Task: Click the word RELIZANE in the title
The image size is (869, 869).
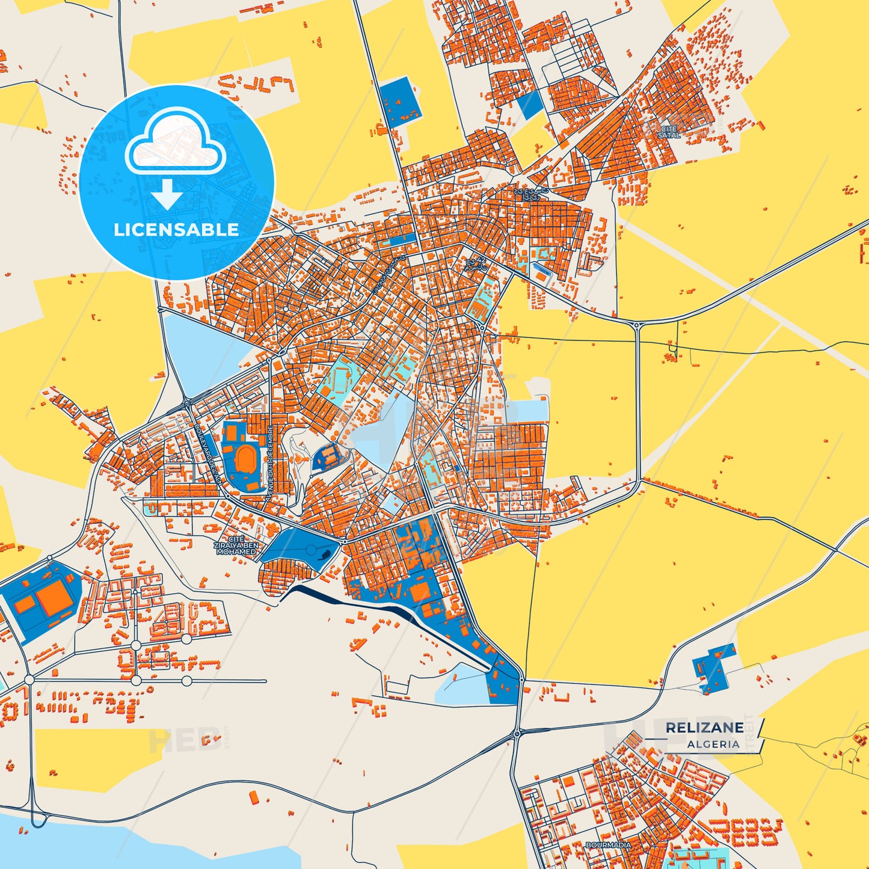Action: click(x=704, y=728)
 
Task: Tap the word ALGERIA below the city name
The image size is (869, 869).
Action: click(x=713, y=744)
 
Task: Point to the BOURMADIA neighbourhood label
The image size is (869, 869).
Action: click(x=609, y=845)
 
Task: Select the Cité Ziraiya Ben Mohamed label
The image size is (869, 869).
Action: click(x=236, y=546)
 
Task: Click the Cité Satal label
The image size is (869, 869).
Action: click(x=669, y=132)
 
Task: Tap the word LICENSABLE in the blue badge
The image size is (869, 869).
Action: click(x=176, y=229)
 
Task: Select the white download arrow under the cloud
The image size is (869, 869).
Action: click(x=168, y=194)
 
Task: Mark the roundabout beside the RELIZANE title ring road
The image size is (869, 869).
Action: click(x=517, y=733)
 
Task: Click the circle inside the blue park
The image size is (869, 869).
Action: click(x=310, y=550)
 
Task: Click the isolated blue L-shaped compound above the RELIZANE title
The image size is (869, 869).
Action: click(x=713, y=666)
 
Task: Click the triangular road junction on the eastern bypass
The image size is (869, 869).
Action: click(x=637, y=326)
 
